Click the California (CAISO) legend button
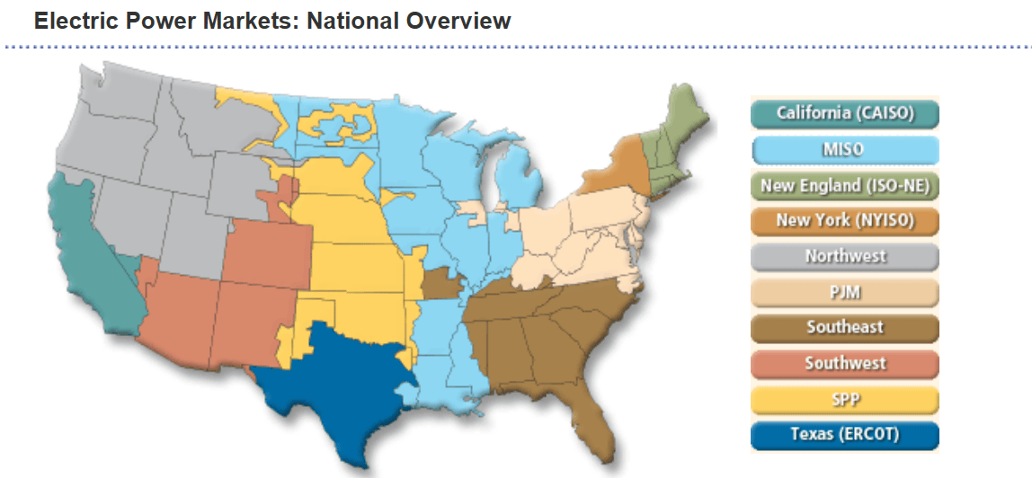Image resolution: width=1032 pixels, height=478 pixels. point(844,113)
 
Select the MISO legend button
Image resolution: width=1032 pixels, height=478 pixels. point(844,149)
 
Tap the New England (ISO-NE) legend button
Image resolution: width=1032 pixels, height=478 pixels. point(844,185)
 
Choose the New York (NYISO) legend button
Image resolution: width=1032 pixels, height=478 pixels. point(844,220)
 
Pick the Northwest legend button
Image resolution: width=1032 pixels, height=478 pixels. point(844,256)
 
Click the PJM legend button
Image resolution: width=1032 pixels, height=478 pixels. point(844,292)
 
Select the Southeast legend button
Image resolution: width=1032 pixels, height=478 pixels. point(844,327)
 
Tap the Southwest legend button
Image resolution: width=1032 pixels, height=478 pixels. point(844,363)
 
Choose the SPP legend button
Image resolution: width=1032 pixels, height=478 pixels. point(844,399)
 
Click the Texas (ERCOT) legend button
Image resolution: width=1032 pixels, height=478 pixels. point(844,435)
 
